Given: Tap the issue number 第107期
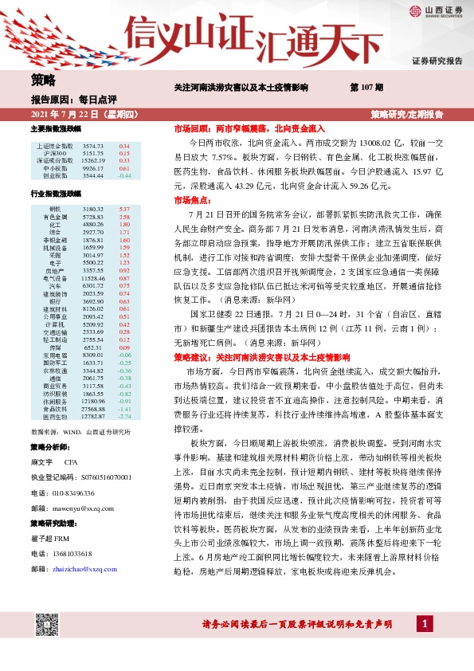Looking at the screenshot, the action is [366, 87].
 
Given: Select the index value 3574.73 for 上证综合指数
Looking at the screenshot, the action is [93, 147].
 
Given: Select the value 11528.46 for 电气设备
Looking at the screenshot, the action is [93, 278].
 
